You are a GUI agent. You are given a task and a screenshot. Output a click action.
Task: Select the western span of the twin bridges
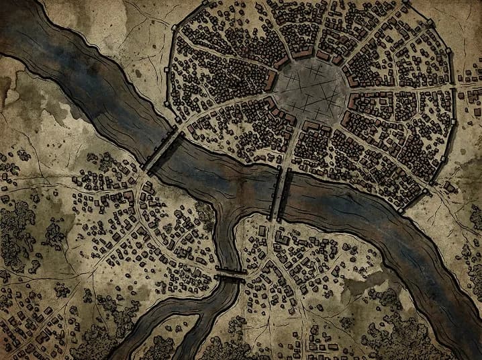tap(276, 194)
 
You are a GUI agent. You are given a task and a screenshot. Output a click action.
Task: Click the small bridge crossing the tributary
tap(230, 272)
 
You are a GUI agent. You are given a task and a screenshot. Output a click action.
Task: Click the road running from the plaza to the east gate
tap(403, 88)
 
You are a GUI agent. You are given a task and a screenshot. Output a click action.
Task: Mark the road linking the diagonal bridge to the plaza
tap(222, 114)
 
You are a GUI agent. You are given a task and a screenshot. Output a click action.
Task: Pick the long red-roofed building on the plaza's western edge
tap(271, 81)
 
